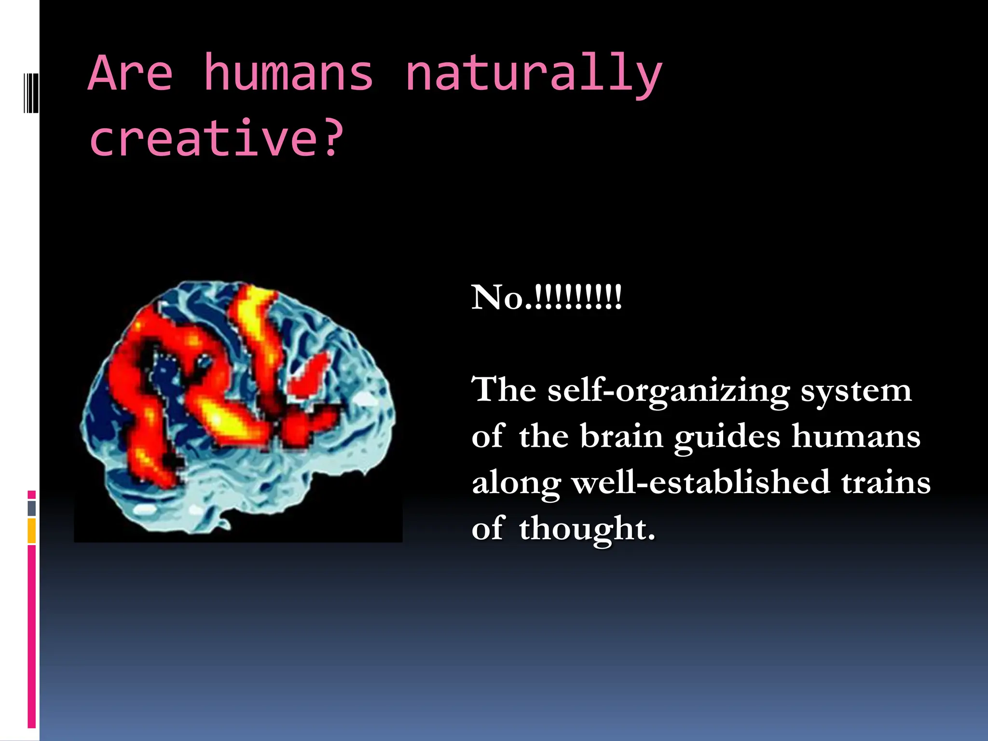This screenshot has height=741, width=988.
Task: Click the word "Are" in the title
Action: [x=130, y=73]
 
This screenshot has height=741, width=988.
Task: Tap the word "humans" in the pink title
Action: [x=288, y=73]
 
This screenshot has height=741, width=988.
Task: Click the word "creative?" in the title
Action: [x=217, y=138]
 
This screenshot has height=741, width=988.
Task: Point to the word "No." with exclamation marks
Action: [x=547, y=297]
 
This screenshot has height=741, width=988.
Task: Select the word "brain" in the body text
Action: [x=621, y=436]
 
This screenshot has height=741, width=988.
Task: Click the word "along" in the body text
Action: [x=516, y=483]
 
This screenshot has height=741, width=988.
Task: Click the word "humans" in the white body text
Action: [x=856, y=436]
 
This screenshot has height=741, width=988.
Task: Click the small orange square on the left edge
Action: [x=32, y=531]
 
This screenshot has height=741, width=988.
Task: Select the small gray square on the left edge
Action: [x=32, y=508]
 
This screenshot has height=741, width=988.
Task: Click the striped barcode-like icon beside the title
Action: [x=31, y=92]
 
